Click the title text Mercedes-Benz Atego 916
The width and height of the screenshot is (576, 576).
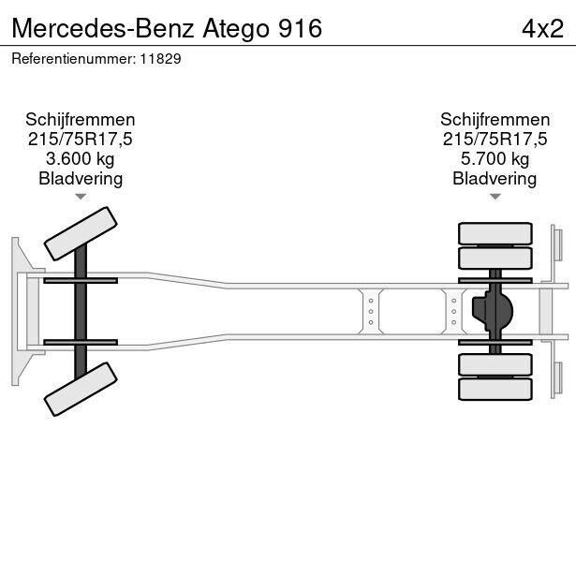point(168,28)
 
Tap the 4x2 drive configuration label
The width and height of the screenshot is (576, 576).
point(542,28)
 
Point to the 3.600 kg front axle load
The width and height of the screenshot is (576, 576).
point(81,159)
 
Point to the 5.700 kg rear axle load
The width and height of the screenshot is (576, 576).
point(495,159)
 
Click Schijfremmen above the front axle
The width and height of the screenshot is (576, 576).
point(81,120)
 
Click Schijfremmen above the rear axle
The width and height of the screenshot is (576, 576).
point(495,120)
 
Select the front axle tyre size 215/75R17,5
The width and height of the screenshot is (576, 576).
point(81,140)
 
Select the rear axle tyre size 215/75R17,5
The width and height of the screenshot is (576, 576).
point(495,140)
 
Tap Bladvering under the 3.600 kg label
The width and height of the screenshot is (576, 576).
point(81,179)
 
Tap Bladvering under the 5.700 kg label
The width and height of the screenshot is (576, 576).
point(495,179)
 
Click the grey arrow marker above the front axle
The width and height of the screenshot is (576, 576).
point(81,197)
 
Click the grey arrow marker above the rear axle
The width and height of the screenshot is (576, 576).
point(495,197)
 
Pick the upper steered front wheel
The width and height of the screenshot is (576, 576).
point(81,232)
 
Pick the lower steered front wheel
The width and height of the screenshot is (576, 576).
point(81,389)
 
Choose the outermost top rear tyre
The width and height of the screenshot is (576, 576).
point(495,233)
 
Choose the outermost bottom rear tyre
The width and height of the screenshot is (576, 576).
point(495,389)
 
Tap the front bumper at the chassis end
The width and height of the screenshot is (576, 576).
point(17,311)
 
